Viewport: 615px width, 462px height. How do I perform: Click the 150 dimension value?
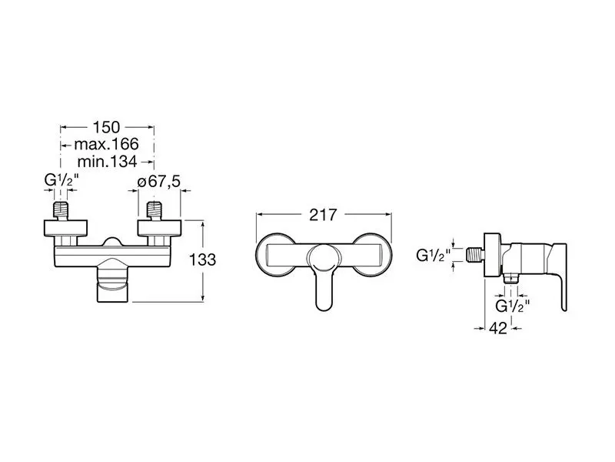106,127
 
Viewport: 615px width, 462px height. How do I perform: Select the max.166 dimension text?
106,144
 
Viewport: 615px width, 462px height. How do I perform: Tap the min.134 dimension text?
107,162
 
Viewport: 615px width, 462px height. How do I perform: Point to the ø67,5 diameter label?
159,182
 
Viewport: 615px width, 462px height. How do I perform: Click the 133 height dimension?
202,259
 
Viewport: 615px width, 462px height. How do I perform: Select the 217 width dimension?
323,215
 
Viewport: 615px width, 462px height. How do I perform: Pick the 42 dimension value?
498,328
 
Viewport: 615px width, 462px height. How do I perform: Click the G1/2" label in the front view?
61,180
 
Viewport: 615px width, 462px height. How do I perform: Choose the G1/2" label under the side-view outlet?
513,305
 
